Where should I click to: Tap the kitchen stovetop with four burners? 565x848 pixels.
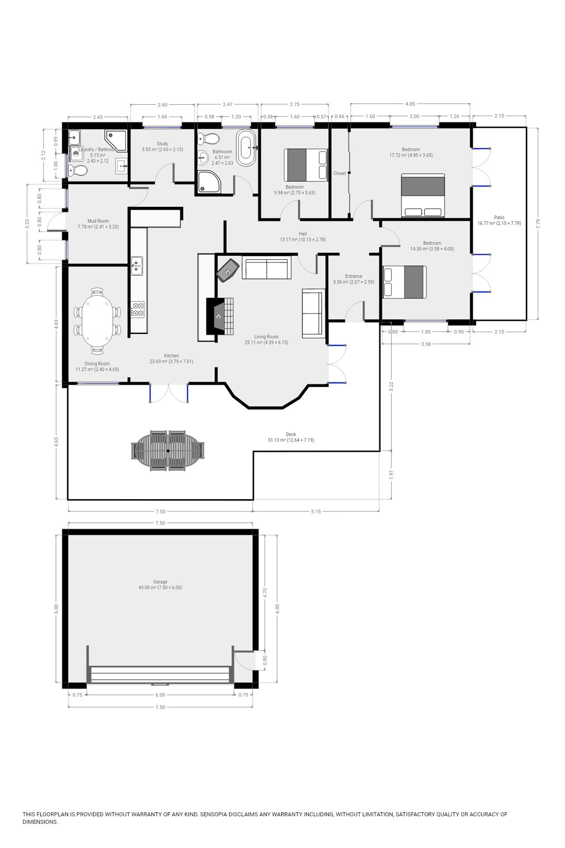pos(137,309)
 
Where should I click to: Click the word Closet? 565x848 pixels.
pos(339,173)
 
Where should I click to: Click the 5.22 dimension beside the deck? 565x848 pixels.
pos(391,386)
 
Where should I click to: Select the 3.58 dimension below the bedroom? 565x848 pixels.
pos(426,344)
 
